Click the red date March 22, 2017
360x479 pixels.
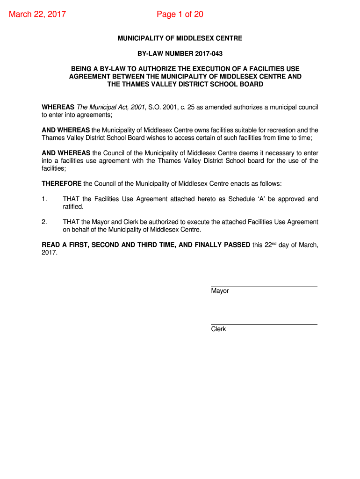coord(37,15)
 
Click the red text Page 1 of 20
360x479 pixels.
coord(180,15)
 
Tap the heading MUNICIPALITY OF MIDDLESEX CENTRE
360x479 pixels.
coord(180,38)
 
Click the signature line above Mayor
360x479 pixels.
coord(264,286)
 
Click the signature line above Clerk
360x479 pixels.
coord(264,324)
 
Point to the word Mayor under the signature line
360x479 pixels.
coord(220,291)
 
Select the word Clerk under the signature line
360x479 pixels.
coord(218,329)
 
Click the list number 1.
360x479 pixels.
coord(44,199)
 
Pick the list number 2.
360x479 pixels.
coord(44,222)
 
